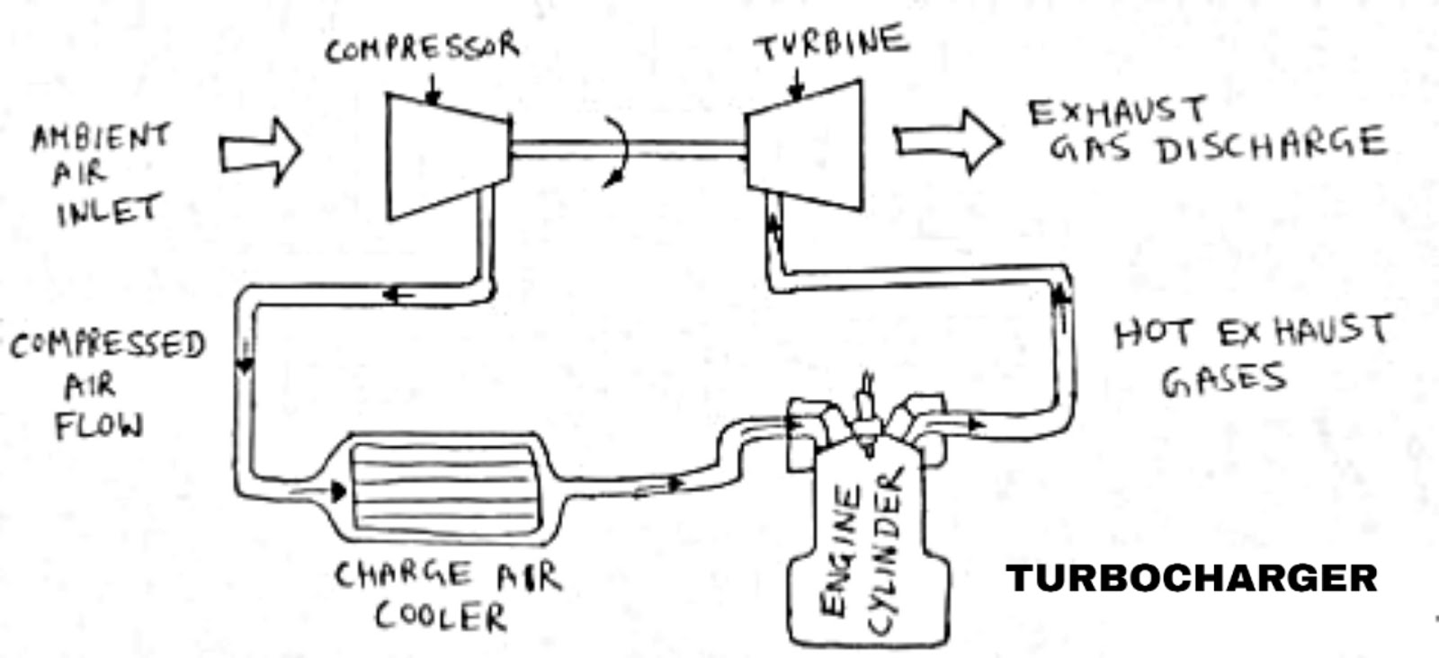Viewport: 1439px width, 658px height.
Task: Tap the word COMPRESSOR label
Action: point(421,48)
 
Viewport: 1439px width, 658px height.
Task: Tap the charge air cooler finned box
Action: point(441,486)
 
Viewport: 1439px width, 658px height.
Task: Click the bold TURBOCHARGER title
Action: point(1192,578)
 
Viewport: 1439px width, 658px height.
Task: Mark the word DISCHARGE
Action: point(1270,147)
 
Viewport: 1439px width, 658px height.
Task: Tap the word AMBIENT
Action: point(101,138)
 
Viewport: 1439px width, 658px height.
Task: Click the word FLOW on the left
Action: point(99,424)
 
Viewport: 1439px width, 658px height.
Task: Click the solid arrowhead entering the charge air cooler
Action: point(337,491)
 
